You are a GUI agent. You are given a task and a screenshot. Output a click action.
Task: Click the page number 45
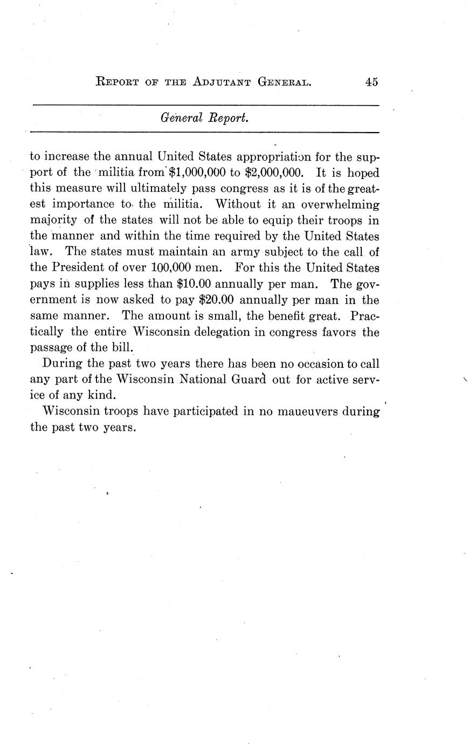click(371, 82)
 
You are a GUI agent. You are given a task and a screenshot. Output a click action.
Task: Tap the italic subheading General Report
click(204, 118)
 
